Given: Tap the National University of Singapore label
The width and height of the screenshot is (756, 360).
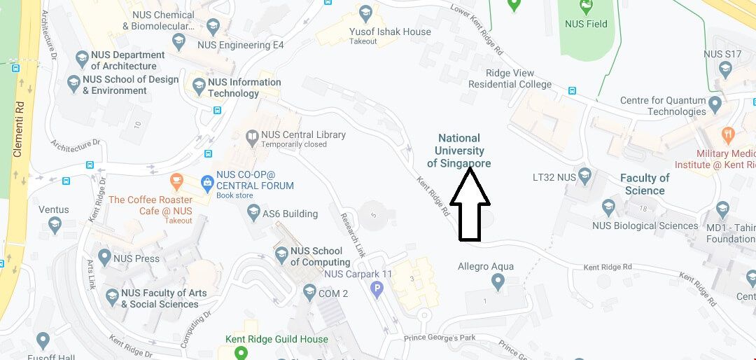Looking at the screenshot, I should (459, 151).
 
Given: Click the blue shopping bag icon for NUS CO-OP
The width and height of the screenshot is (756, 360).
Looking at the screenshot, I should (206, 184).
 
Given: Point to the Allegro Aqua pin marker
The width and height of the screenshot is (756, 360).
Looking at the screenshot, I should (498, 282).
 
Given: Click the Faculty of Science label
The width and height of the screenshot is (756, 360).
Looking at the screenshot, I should (645, 184).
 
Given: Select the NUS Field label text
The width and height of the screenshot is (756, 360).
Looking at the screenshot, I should (586, 24).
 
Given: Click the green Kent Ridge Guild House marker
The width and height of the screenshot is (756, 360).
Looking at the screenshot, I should (241, 352).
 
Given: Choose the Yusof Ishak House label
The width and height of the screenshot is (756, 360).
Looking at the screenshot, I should (390, 32).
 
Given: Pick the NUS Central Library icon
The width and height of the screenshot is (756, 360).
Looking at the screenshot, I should (252, 135).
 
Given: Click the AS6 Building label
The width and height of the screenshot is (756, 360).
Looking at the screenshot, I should (289, 214).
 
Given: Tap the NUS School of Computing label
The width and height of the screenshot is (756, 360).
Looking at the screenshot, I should (316, 256).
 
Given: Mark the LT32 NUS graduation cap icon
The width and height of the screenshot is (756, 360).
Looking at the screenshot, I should (585, 177).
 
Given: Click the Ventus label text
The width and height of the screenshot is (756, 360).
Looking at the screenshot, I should (54, 209).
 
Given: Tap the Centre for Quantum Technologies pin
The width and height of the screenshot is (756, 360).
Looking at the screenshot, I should (715, 105).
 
